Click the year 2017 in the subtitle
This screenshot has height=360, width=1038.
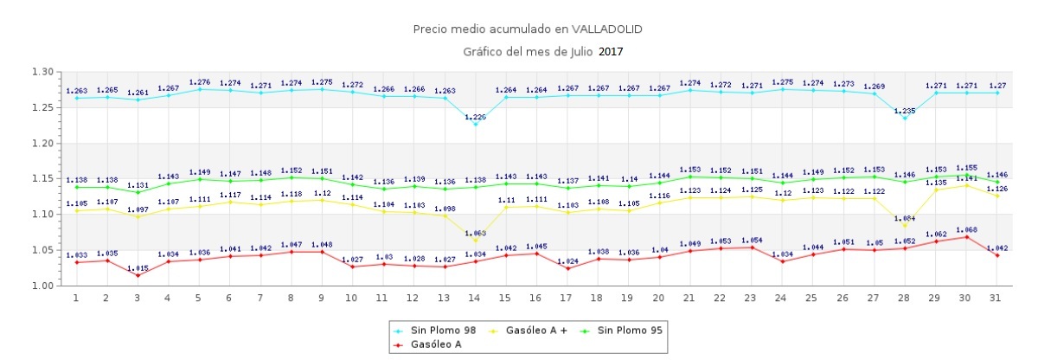pyautogui.click(x=610, y=52)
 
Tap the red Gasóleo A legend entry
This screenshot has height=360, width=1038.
pyautogui.click(x=434, y=344)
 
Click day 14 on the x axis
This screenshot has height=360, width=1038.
pyautogui.click(x=474, y=298)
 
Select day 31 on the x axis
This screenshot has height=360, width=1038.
pyautogui.click(x=997, y=298)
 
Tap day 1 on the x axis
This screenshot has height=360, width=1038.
pyautogui.click(x=76, y=298)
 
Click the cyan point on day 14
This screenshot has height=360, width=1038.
pyautogui.click(x=474, y=125)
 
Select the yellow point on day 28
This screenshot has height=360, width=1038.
pyautogui.click(x=905, y=226)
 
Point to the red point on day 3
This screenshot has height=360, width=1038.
pyautogui.click(x=138, y=275)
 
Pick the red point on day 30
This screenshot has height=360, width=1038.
pyautogui.click(x=966, y=237)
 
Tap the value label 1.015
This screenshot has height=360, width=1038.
pyautogui.click(x=138, y=267)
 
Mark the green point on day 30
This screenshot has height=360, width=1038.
pyautogui.click(x=966, y=176)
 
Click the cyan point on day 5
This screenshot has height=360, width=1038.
pyautogui.click(x=199, y=89)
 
